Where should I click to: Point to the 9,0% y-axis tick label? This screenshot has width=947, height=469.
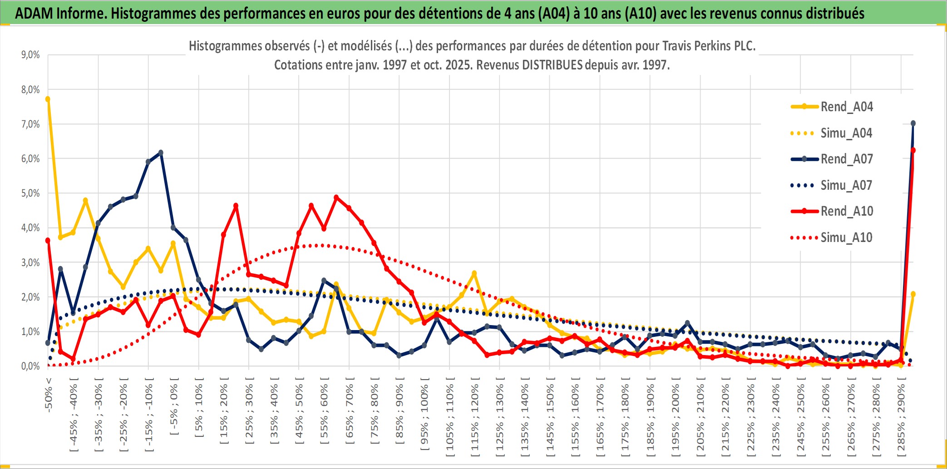(30, 55)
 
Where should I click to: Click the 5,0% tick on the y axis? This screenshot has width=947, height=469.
(30, 193)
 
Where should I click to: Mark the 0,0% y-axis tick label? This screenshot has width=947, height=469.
(30, 366)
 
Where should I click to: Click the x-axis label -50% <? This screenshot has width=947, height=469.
(48, 395)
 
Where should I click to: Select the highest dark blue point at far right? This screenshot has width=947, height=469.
(913, 123)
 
